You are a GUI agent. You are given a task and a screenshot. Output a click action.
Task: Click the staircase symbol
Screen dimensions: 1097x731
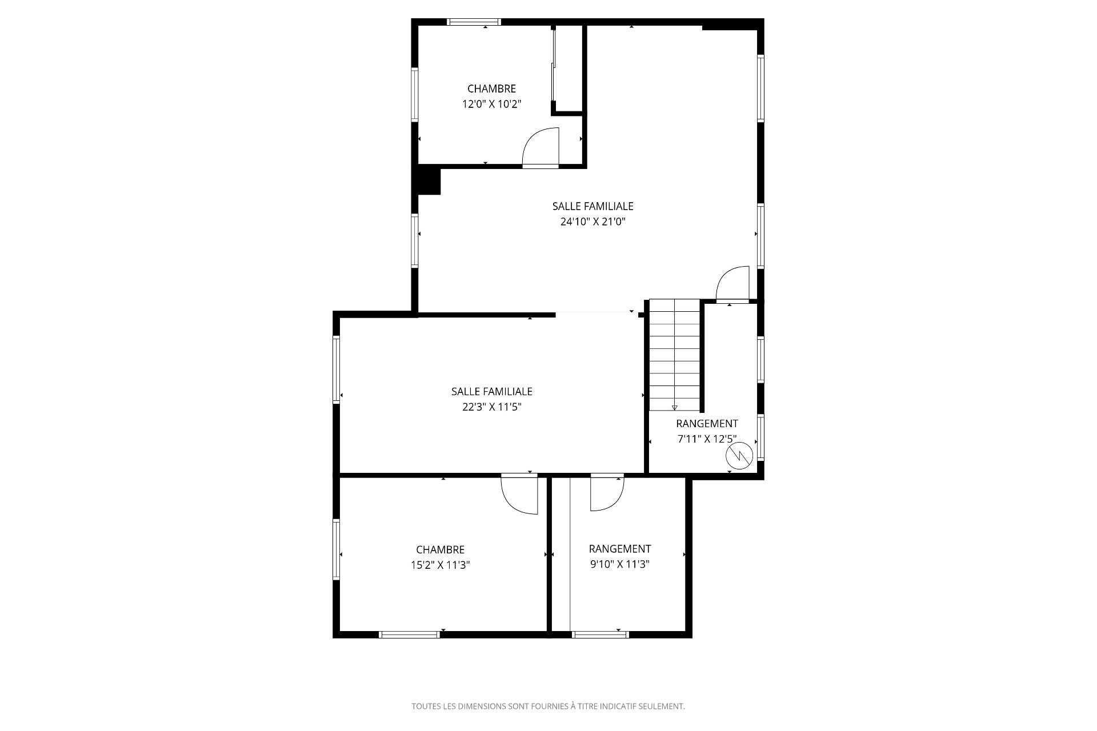(674, 355)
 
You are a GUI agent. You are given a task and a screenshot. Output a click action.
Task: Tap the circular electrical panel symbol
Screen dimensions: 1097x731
(739, 455)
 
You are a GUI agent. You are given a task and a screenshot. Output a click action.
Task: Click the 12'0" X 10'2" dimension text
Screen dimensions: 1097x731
(492, 104)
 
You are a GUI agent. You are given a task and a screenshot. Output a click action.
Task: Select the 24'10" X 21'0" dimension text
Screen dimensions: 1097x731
(593, 222)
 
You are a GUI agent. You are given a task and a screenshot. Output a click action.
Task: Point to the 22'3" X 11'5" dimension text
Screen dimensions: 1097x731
(492, 407)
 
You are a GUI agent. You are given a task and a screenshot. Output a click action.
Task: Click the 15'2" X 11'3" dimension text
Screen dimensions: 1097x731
(440, 565)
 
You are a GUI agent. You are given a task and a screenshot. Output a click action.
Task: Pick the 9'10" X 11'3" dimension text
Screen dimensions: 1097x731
(620, 564)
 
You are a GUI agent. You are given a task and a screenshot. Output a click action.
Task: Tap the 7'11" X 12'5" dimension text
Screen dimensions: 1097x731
(707, 439)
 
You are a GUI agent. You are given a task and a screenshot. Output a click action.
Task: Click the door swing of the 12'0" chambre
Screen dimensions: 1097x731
(541, 147)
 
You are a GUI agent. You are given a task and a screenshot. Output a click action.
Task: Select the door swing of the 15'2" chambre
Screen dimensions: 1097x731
(519, 494)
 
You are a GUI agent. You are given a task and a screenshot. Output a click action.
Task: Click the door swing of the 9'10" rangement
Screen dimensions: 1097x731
(607, 492)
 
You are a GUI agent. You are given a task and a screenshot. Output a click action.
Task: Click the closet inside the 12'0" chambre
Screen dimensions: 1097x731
(567, 69)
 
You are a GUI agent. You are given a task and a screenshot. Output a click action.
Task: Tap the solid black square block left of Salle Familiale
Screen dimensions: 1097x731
(429, 180)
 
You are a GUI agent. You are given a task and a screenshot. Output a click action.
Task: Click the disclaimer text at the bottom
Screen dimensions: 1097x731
(548, 706)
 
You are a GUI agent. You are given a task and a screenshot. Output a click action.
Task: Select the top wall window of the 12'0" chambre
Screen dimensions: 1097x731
(474, 22)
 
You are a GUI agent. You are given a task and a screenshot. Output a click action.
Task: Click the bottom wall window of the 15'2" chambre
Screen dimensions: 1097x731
(409, 634)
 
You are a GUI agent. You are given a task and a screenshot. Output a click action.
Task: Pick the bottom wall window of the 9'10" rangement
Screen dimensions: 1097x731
(600, 634)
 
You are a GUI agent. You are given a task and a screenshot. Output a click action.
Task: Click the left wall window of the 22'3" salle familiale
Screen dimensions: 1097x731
(337, 370)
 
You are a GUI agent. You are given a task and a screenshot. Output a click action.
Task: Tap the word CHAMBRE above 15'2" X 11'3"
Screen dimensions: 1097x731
(440, 549)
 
